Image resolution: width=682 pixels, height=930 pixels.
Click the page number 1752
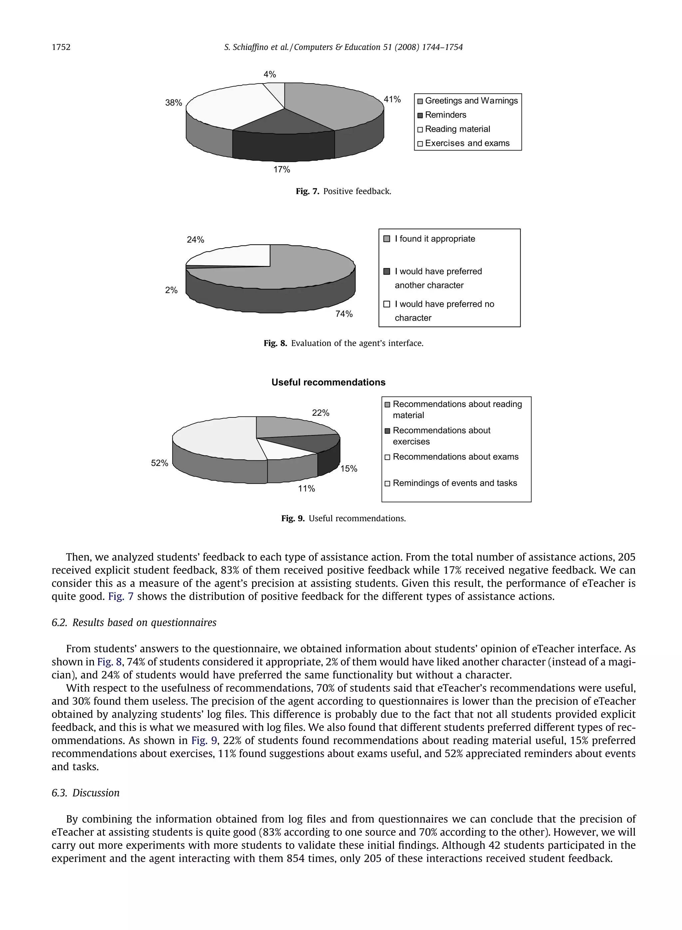[61, 48]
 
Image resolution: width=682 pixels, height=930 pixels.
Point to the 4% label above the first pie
[270, 75]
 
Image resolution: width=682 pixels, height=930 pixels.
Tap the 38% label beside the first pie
[173, 103]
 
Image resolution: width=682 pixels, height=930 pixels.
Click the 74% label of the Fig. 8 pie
[344, 314]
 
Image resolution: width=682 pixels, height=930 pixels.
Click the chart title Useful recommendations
[328, 382]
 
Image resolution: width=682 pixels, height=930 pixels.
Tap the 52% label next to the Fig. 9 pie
[160, 463]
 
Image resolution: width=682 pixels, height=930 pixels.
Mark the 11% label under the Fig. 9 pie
[306, 489]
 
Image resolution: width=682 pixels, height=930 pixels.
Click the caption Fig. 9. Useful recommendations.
[343, 519]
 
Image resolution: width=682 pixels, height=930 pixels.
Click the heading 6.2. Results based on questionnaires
[134, 623]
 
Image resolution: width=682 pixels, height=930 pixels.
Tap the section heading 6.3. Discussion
[86, 793]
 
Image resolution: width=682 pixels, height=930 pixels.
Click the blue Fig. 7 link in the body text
[121, 596]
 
